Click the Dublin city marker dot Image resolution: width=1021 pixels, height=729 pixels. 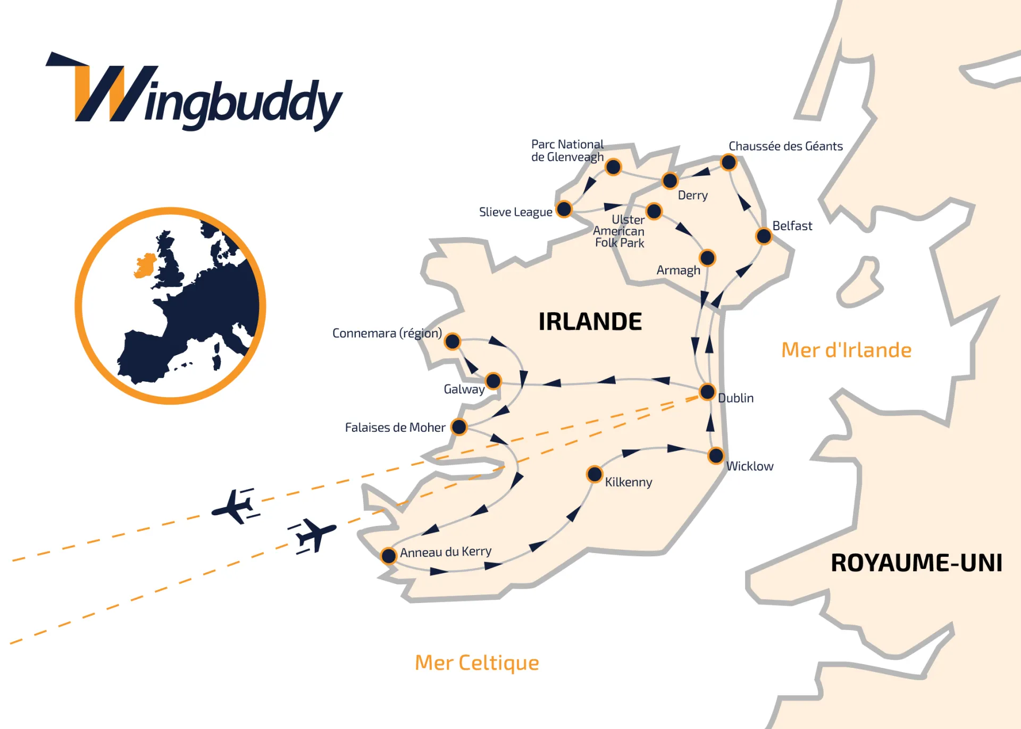tap(707, 392)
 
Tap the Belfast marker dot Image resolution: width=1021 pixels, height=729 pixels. tap(764, 236)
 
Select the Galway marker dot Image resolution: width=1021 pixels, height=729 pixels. tap(493, 381)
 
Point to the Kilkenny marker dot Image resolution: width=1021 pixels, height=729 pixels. tap(594, 474)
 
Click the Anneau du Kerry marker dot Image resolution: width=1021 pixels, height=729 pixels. tap(389, 556)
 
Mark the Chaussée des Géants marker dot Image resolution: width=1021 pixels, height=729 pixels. tap(728, 162)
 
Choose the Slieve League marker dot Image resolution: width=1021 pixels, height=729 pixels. tap(564, 209)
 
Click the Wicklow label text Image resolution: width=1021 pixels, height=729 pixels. tap(750, 466)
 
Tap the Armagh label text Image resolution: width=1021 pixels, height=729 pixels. tap(678, 270)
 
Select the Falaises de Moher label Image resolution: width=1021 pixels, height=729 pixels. tap(395, 428)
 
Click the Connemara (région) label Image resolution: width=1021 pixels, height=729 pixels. tap(387, 333)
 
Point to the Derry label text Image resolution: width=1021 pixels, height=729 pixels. tap(692, 195)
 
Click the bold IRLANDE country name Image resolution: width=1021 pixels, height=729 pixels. tap(590, 322)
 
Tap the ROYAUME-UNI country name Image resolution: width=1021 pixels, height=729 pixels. tap(916, 563)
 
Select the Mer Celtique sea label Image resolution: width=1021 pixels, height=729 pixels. tap(476, 663)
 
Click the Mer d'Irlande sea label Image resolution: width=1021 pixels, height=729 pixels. tap(846, 350)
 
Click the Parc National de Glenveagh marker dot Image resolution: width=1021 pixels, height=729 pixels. tap(613, 167)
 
